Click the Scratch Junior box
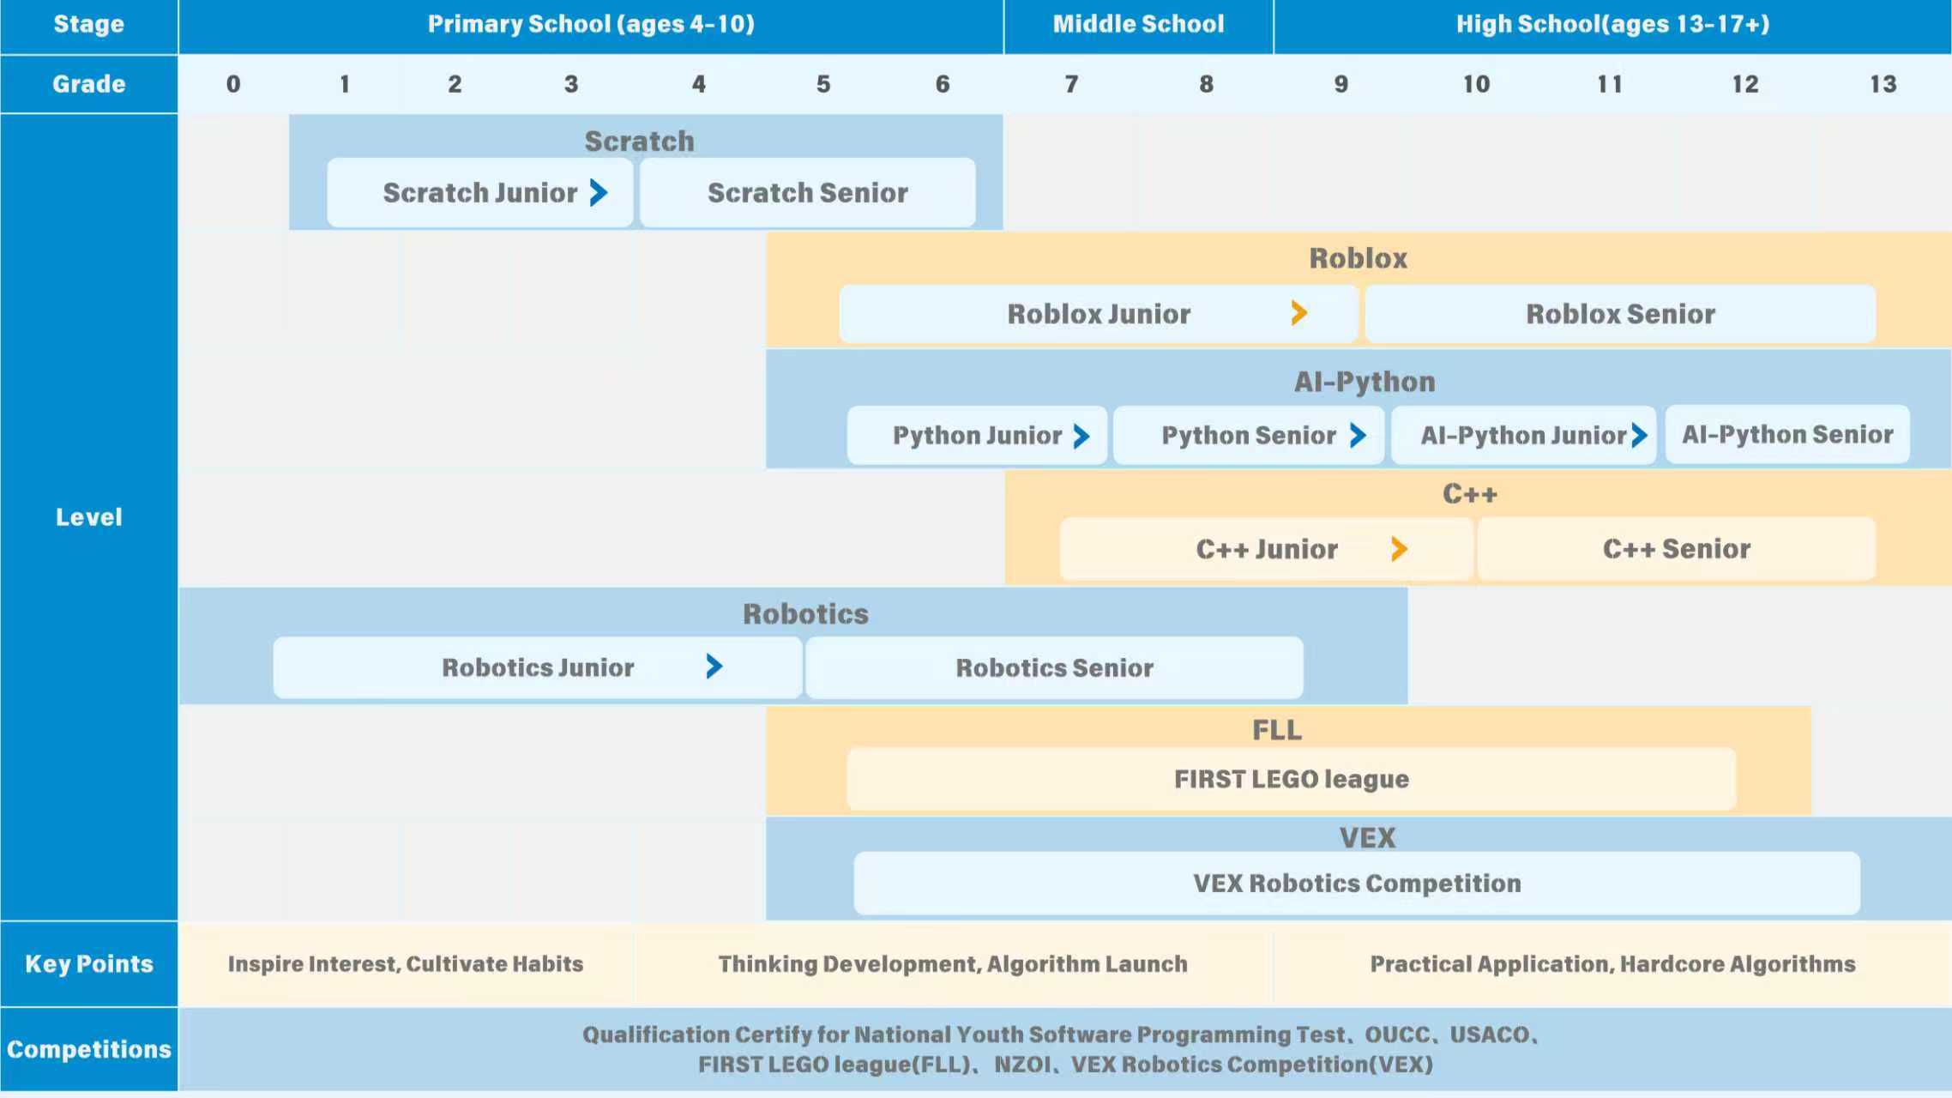pyautogui.click(x=480, y=193)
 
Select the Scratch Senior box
pyautogui.click(x=808, y=193)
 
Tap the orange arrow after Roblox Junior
pyautogui.click(x=1299, y=313)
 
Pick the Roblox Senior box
pyautogui.click(x=1620, y=314)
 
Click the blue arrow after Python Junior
pyautogui.click(x=1081, y=436)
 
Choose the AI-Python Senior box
pyautogui.click(x=1787, y=435)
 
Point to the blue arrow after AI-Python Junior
pyautogui.click(x=1639, y=436)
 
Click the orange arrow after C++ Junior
pyautogui.click(x=1399, y=549)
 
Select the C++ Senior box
pyautogui.click(x=1677, y=549)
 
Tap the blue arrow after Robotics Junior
pyautogui.click(x=714, y=667)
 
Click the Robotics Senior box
pyautogui.click(x=1055, y=667)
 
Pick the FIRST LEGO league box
pyautogui.click(x=1292, y=779)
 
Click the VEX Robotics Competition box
pyautogui.click(x=1357, y=884)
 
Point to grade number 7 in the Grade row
pyautogui.click(x=1072, y=84)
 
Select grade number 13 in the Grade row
pyautogui.click(x=1883, y=84)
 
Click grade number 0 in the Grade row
pyautogui.click(x=233, y=84)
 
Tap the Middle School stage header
pyautogui.click(x=1139, y=25)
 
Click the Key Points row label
pyautogui.click(x=89, y=964)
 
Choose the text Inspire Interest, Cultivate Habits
pyautogui.click(x=406, y=964)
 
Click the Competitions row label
pyautogui.click(x=89, y=1049)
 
